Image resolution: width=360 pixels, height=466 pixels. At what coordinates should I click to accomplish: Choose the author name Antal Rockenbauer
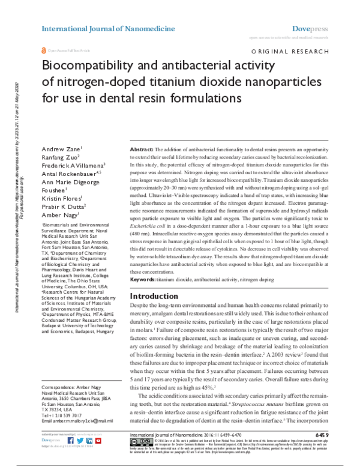tap(65, 174)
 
